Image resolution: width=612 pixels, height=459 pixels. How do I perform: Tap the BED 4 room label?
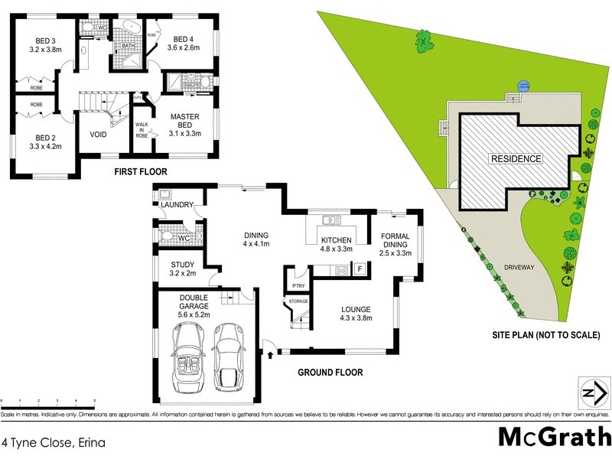(183, 39)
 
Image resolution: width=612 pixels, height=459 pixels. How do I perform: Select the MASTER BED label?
(184, 120)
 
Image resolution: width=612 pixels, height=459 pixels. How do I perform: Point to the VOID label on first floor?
(98, 135)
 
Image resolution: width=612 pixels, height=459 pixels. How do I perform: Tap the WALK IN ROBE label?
(142, 129)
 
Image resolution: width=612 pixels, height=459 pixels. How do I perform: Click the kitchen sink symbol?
(330, 221)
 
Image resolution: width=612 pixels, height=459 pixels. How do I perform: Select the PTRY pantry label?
(299, 286)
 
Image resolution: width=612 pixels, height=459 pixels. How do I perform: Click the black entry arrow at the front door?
(270, 353)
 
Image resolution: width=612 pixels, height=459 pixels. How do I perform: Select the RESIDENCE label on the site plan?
(516, 159)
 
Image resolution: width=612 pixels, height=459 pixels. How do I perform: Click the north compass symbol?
(594, 393)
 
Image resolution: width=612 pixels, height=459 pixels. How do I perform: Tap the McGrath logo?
(554, 437)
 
